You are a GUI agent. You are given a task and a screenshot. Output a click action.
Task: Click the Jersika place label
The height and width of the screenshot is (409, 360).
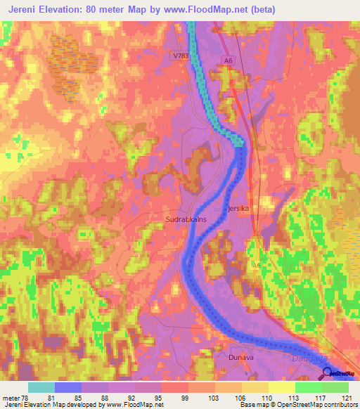tap(239, 209)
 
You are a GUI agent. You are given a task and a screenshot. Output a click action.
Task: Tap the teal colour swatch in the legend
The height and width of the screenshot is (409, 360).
tap(41, 387)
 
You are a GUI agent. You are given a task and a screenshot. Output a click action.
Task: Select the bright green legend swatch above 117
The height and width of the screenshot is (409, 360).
tap(308, 387)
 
